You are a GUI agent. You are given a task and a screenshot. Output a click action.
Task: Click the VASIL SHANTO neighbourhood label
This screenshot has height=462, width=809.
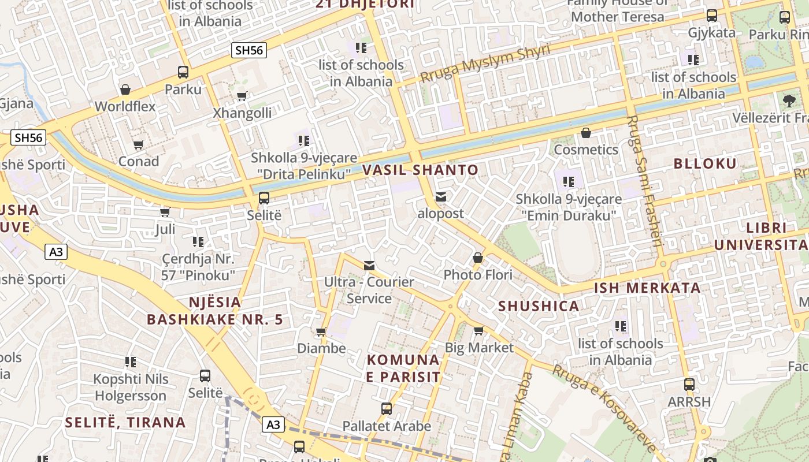point(421,170)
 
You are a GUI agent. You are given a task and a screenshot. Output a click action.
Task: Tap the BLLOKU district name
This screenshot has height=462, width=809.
point(705,163)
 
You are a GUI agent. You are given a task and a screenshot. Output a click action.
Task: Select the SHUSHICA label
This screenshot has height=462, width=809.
point(539,306)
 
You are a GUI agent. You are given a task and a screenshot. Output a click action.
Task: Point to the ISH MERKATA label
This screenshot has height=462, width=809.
point(647,288)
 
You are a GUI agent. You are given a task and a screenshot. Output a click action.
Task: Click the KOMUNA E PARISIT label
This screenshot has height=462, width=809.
point(403,368)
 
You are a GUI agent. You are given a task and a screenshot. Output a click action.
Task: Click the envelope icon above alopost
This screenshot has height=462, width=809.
point(441,197)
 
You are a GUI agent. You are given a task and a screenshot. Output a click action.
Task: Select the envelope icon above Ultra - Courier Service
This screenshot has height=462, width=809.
point(369,266)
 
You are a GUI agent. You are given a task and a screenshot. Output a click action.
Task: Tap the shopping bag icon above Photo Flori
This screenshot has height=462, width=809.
point(478,258)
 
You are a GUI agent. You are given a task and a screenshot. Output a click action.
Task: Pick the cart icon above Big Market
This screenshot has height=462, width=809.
point(478,331)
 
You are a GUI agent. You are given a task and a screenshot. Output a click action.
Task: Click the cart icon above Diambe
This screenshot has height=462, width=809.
point(321,332)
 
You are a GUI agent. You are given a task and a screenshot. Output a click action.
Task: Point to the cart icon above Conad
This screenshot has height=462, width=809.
point(138,145)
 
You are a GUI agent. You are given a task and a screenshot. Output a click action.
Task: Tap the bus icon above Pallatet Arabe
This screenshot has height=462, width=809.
point(387,409)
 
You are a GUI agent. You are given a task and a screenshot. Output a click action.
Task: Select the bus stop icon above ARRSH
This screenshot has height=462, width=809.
point(689,385)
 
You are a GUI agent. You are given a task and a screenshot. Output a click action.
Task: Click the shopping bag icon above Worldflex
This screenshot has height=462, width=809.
point(125,90)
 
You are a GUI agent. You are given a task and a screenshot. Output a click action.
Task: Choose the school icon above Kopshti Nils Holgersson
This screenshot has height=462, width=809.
point(131,362)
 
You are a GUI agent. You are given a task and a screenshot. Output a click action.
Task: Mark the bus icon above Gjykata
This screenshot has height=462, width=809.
point(712,16)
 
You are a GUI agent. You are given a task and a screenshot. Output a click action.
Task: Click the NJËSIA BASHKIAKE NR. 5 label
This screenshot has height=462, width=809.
point(215,311)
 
